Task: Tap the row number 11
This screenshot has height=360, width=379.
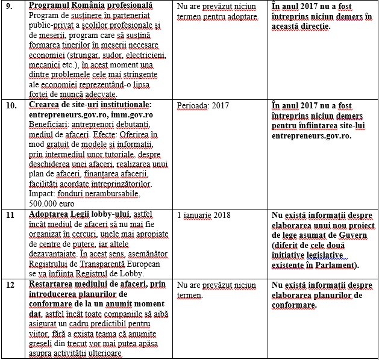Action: click(x=10, y=214)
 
